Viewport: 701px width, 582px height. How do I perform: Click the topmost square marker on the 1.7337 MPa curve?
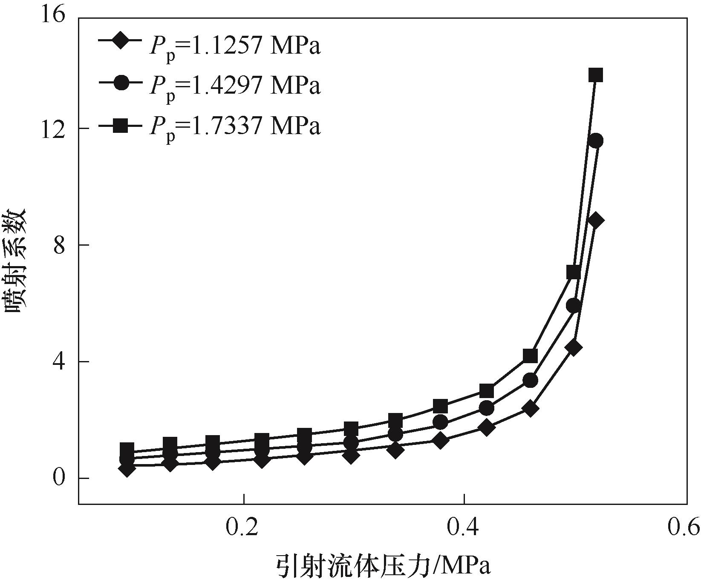[595, 75]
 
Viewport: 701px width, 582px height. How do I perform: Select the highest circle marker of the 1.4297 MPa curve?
[596, 141]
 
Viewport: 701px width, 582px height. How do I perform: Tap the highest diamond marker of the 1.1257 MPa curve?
[596, 221]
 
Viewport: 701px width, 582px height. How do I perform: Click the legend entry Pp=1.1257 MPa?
[209, 45]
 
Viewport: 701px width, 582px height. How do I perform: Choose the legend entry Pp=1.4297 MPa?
[209, 84]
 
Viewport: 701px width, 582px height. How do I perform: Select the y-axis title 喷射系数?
[16, 260]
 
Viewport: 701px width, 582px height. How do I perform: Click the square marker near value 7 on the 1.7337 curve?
[574, 272]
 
